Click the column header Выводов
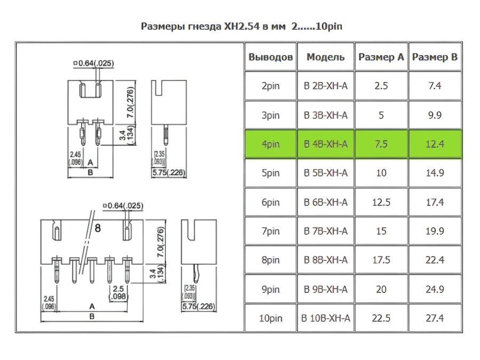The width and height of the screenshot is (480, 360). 270,57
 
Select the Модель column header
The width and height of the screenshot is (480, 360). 325,57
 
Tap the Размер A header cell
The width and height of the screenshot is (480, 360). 381,57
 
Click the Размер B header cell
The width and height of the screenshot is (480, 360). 435,57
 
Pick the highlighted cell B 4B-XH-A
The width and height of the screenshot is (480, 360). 325,144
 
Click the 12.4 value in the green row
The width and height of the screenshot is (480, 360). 435,144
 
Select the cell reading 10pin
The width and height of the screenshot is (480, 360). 270,318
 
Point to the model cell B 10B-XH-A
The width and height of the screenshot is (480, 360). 325,318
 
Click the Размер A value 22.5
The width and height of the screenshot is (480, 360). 381,318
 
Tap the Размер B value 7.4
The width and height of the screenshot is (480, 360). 435,86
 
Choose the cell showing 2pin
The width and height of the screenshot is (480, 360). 270,86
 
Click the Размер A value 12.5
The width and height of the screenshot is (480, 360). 381,202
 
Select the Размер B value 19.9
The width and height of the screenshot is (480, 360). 435,231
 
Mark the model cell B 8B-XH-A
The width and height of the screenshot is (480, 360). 325,260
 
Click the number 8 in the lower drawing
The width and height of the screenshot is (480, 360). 98,228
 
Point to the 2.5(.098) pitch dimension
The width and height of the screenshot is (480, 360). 118,292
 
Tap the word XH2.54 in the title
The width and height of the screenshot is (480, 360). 242,26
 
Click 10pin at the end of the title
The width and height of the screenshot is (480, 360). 329,27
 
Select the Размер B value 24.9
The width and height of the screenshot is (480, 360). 435,289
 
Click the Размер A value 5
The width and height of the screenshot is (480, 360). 381,115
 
